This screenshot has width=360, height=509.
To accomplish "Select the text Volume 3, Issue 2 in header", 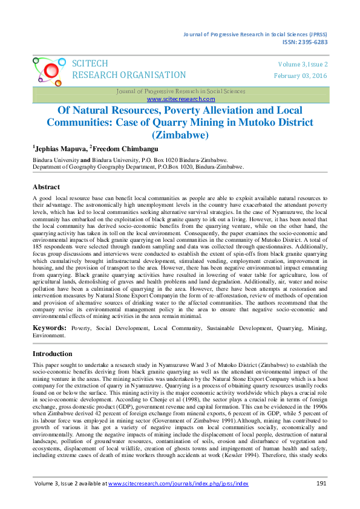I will (303, 64).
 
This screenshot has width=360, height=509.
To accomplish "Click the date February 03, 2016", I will (301, 76).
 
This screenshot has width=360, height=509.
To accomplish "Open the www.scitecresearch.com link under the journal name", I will (180, 99).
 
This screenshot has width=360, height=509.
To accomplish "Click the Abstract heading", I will (46, 187).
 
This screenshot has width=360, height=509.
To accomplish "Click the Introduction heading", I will (53, 354).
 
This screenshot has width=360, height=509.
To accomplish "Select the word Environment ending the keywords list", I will (49, 334).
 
